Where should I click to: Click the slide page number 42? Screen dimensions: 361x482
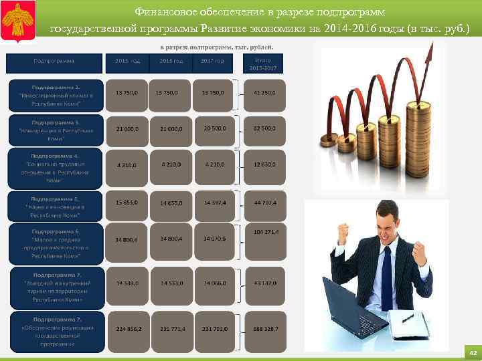(471, 352)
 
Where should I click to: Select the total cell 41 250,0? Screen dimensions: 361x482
(264, 92)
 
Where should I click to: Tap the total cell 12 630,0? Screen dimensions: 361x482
(264, 164)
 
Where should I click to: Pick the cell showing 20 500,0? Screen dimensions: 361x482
(214, 128)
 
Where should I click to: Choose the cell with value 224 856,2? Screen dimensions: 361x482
(128, 329)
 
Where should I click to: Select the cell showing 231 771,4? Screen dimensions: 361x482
(173, 329)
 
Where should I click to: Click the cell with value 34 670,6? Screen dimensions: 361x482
(214, 238)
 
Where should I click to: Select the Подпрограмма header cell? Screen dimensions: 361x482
(54, 62)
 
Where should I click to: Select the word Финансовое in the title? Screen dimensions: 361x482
(162, 12)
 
